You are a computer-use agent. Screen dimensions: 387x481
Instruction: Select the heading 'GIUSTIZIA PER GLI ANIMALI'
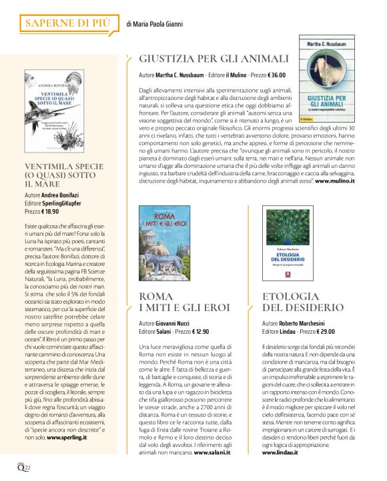[x=214, y=59]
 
